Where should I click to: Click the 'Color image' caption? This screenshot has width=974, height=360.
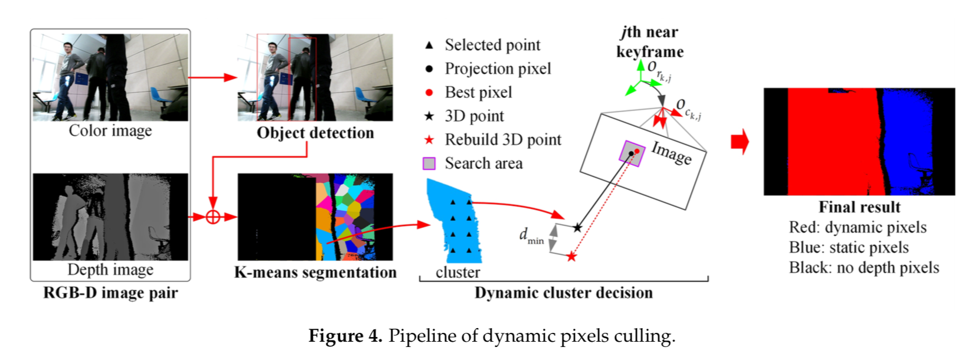point(110,130)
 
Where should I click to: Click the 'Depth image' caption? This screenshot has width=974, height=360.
point(110,270)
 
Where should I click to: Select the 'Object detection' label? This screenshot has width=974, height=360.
point(315,133)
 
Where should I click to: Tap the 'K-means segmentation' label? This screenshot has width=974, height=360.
point(315,272)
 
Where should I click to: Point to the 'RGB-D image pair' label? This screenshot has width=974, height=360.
point(110,293)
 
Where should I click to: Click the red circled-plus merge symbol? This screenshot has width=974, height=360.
point(213,217)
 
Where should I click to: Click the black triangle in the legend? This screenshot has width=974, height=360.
point(429,45)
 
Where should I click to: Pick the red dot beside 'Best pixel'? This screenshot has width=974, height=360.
point(429,93)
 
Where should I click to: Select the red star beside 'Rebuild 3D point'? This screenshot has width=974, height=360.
point(429,140)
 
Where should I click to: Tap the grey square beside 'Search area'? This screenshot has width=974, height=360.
point(429,163)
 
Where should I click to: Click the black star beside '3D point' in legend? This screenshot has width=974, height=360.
point(429,116)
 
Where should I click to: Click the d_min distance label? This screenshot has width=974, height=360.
point(531,235)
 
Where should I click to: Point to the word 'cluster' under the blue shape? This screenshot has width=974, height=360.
point(457,273)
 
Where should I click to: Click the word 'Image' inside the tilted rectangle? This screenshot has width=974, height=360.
point(671,153)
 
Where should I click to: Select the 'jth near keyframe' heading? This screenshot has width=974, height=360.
point(650,42)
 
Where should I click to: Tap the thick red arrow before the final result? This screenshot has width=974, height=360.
point(740,142)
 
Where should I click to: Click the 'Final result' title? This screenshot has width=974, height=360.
point(859,207)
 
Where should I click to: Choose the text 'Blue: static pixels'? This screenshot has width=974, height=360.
point(849,247)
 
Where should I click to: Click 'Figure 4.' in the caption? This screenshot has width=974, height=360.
point(345,336)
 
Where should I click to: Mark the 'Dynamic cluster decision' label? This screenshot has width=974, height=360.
point(564,293)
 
